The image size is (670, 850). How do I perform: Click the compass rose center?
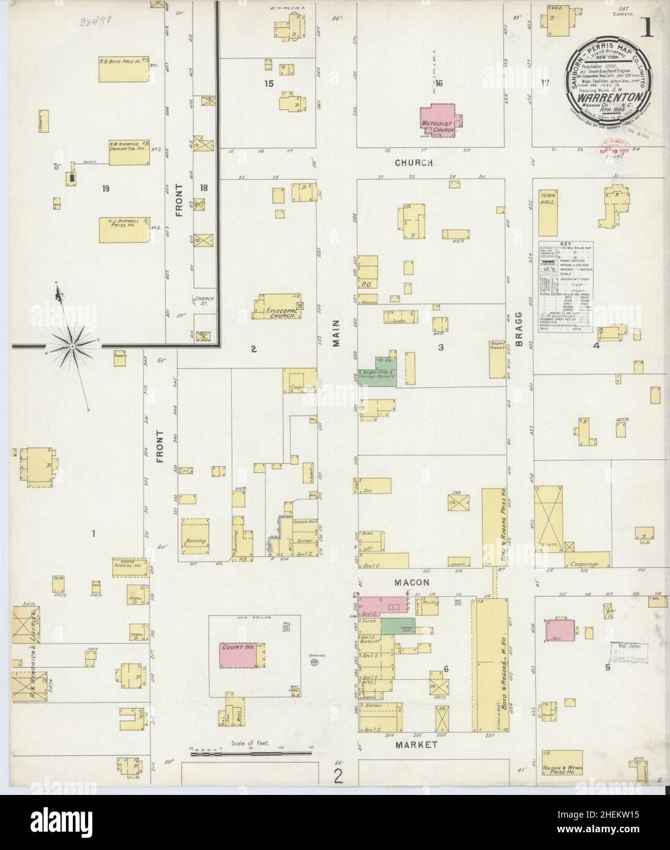coord(72,347)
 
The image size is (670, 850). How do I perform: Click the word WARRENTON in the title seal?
coord(613,97)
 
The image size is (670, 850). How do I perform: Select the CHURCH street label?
coord(414,163)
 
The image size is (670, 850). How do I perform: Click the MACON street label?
coord(413,583)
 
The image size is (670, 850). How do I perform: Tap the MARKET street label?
coord(416,745)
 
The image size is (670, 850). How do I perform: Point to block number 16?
coord(438,83)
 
